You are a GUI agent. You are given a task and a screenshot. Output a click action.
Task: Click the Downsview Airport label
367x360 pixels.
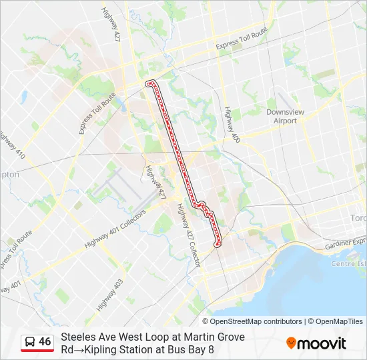[286, 117]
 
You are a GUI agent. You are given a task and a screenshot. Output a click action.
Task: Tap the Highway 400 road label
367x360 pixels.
[232, 124]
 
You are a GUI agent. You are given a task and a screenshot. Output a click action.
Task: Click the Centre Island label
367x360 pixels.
[349, 264]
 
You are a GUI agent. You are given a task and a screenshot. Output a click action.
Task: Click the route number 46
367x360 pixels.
[45, 342]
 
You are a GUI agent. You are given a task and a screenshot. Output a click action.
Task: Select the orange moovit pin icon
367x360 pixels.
[291, 343]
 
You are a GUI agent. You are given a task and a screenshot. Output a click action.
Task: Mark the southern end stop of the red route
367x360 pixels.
[217, 245]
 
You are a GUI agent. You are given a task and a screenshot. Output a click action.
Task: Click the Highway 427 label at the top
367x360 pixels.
[111, 24]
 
